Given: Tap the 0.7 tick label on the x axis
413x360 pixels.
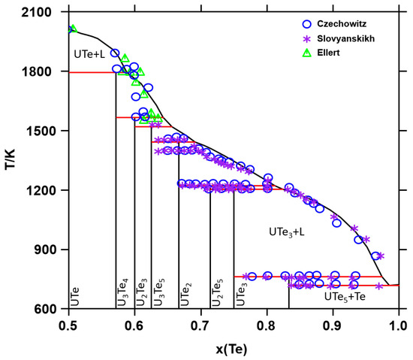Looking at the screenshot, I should pyautogui.click(x=200, y=324).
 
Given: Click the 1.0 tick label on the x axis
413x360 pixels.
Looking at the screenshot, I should pyautogui.click(x=397, y=324).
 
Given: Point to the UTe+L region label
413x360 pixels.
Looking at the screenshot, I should pyautogui.click(x=92, y=56).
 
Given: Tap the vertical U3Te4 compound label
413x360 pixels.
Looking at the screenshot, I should pyautogui.click(x=122, y=292).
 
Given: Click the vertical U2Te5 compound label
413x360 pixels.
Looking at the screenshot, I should pyautogui.click(x=216, y=292).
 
